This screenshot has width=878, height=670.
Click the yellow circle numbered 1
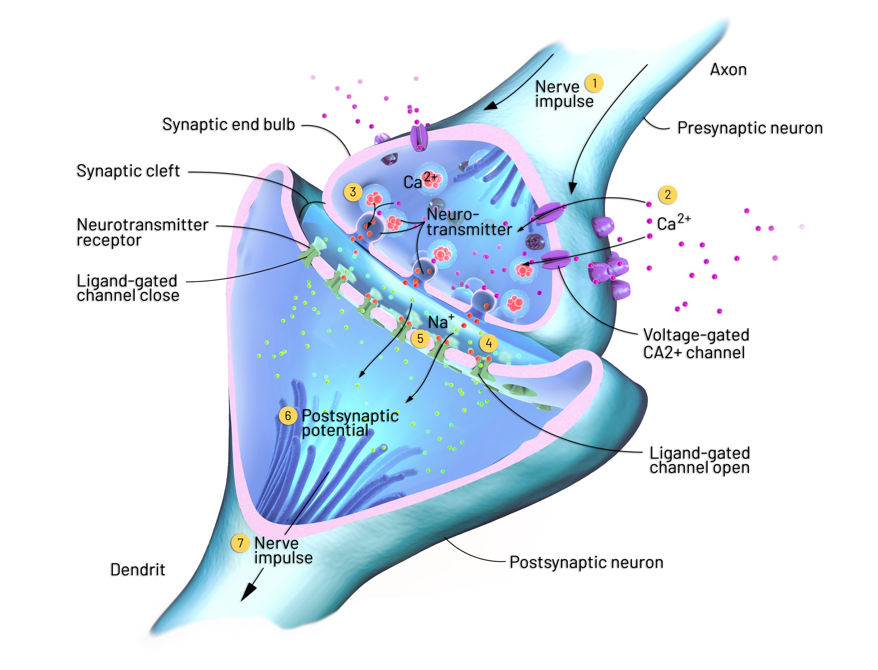pyautogui.click(x=594, y=83)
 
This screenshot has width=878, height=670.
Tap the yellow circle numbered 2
pyautogui.click(x=668, y=195)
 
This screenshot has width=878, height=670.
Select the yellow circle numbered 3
pyautogui.click(x=353, y=192)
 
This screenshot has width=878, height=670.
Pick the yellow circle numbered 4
pyautogui.click(x=488, y=343)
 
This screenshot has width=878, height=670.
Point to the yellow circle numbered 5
pyautogui.click(x=420, y=338)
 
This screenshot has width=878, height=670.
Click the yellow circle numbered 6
pyautogui.click(x=288, y=416)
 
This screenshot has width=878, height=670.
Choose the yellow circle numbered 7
pyautogui.click(x=240, y=543)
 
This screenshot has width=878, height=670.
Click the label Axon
pyautogui.click(x=728, y=70)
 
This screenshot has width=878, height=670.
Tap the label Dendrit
pyautogui.click(x=138, y=569)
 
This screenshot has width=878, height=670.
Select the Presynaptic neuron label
pyautogui.click(x=750, y=128)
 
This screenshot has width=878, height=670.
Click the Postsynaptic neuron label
pyautogui.click(x=586, y=562)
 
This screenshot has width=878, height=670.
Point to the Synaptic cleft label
pyautogui.click(x=128, y=171)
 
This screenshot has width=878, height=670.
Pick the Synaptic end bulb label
pyautogui.click(x=229, y=124)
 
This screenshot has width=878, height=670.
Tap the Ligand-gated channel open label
pyautogui.click(x=699, y=460)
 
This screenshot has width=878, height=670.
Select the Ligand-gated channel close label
pyautogui.click(x=128, y=288)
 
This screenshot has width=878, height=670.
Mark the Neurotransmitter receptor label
pyautogui.click(x=142, y=232)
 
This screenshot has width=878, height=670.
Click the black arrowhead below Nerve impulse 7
pyautogui.click(x=247, y=593)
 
